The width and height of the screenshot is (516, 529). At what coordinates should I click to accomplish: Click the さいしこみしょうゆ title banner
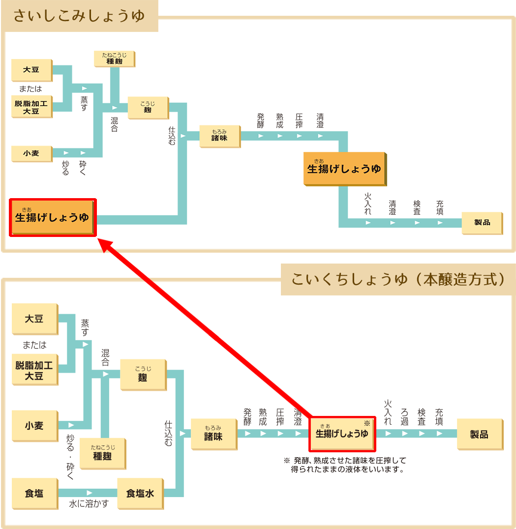coord(80,17)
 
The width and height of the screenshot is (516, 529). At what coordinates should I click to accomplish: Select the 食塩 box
coord(34,493)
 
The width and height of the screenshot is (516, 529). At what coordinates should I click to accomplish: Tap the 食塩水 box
coord(140,493)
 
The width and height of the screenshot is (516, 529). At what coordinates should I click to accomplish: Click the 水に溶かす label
coord(89,504)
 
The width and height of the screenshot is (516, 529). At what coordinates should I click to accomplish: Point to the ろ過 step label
coord(404,417)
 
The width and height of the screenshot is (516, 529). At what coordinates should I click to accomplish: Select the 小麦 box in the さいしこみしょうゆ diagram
coord(31,153)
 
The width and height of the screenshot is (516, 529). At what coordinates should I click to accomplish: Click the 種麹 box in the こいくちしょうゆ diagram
coord(102,453)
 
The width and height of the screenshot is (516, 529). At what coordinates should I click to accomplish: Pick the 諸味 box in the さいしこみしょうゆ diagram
coord(219,136)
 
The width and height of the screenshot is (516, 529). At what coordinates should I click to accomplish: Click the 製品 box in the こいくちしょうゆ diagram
coord(479,434)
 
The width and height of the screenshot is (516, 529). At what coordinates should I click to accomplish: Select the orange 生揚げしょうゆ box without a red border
coord(344,168)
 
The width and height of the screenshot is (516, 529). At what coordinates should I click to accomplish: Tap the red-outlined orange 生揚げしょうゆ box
coord(52,217)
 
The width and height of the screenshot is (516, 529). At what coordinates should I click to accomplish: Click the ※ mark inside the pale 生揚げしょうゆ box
coord(366,423)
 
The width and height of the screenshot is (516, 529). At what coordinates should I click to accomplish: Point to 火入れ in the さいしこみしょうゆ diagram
coord(368,204)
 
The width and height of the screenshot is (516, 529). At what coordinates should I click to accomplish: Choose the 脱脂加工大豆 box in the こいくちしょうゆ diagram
coord(34,371)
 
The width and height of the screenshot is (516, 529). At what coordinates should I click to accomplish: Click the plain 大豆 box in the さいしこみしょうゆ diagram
coord(31,70)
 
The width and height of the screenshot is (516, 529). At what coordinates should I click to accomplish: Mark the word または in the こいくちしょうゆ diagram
coord(34,345)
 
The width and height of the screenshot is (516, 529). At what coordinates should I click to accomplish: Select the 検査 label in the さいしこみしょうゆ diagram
coord(417,207)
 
